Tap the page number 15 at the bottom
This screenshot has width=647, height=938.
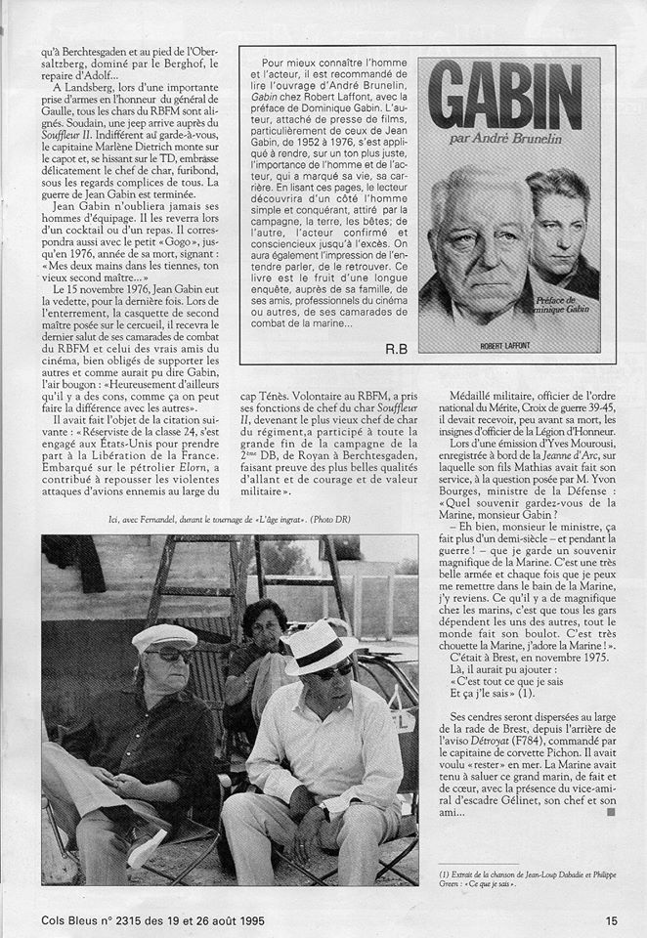[611, 919]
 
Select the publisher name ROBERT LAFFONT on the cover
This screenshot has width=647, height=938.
[515, 344]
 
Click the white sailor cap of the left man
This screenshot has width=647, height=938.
[164, 636]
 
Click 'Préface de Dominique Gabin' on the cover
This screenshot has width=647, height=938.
[554, 310]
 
